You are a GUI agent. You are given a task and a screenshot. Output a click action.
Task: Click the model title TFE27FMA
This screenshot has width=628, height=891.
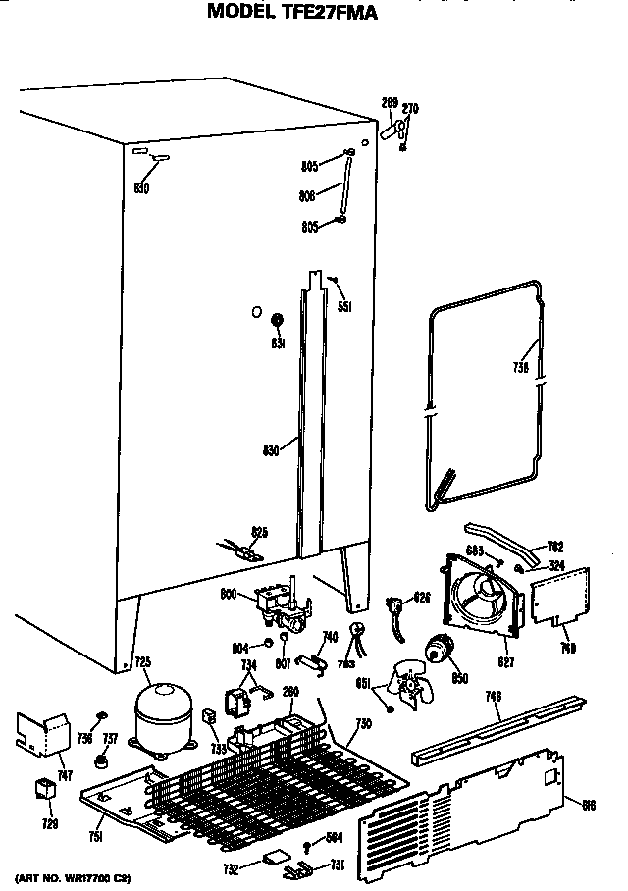(x=291, y=13)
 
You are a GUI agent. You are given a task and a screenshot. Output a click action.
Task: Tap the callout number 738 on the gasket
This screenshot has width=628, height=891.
(x=520, y=368)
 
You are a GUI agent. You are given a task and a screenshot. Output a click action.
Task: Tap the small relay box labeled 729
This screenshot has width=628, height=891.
(x=42, y=788)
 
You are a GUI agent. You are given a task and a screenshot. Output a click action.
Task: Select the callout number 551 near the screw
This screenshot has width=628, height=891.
(x=344, y=306)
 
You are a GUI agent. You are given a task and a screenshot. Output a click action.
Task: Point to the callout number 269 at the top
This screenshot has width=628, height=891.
(x=389, y=101)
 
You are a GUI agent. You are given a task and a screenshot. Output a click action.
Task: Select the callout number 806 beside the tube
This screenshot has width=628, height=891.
(x=306, y=195)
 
